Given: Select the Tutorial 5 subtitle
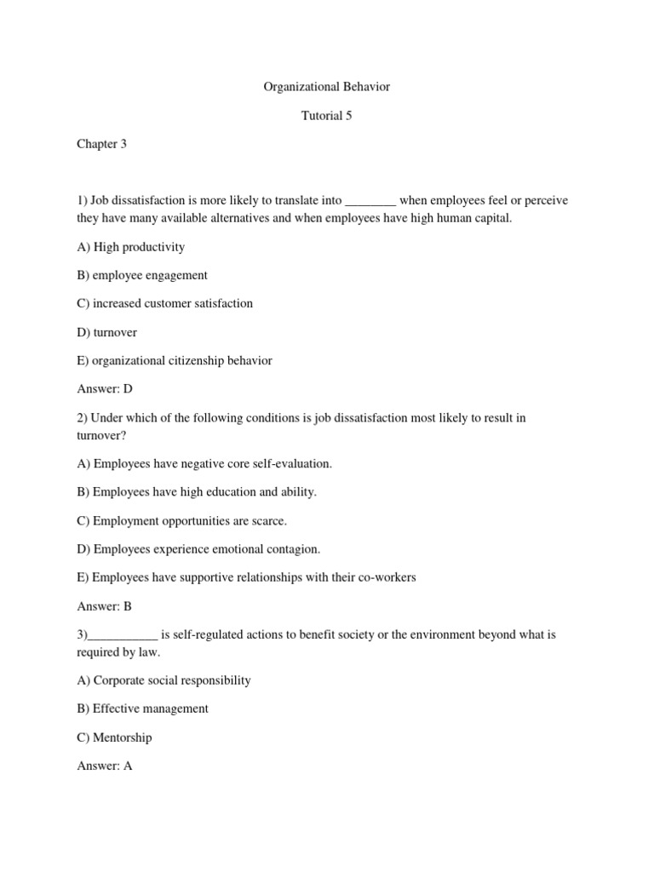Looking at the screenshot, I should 326,116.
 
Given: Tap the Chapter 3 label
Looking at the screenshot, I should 101,144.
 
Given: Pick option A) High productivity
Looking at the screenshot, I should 130,247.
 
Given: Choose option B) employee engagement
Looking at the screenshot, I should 141,275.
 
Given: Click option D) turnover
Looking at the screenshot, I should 106,332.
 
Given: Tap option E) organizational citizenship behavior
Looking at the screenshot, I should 175,360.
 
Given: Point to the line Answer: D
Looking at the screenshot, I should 105,388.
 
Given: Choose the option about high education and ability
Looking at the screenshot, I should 197,492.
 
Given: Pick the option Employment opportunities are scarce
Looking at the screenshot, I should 181,520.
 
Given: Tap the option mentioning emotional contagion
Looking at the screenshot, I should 198,549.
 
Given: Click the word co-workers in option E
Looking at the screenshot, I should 387,577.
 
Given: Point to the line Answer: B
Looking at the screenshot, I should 105,607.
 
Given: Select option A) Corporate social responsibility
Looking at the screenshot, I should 163,680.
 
